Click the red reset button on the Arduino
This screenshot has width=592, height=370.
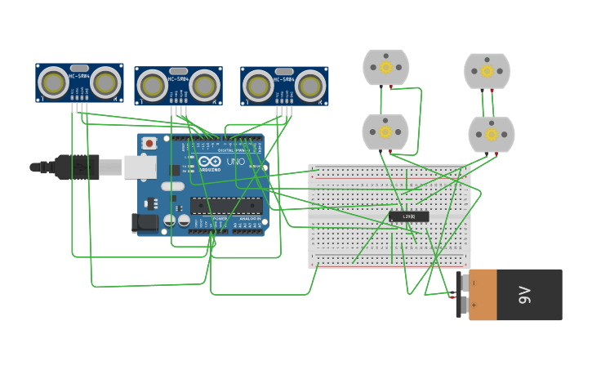(149, 144)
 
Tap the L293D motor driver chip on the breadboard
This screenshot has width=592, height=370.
(408, 216)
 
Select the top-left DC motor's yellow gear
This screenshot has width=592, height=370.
(385, 68)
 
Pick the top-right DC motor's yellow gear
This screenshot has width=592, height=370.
(487, 71)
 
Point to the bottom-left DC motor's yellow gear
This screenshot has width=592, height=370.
(385, 132)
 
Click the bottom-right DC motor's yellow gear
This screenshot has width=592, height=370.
(491, 134)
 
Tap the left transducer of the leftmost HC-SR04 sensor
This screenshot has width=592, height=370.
(53, 82)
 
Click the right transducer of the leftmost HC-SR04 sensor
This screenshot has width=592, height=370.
(105, 82)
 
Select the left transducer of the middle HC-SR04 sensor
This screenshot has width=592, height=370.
(152, 86)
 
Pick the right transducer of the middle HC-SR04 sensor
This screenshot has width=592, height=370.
(204, 86)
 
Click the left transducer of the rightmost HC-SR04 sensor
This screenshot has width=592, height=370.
(258, 86)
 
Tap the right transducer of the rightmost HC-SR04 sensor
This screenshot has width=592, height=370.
(310, 86)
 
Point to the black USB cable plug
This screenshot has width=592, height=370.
(77, 167)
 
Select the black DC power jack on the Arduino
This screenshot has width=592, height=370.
(145, 222)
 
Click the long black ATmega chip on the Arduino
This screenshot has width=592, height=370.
(226, 205)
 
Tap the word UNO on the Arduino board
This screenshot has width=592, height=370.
(235, 162)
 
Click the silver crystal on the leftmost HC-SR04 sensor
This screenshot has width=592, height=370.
(79, 69)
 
